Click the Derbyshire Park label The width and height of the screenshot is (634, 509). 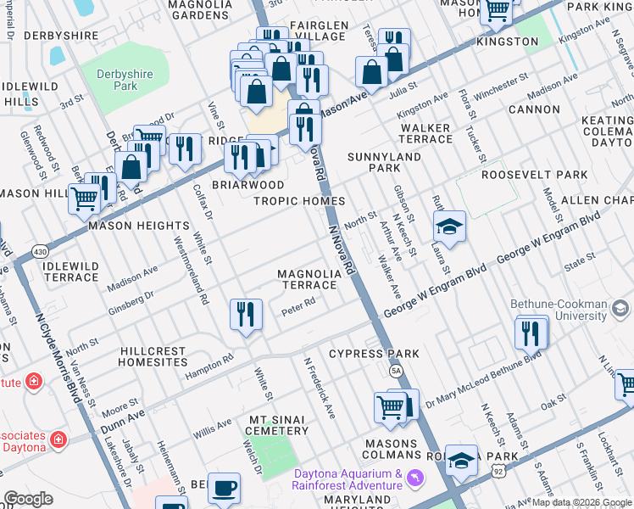(x=124, y=80)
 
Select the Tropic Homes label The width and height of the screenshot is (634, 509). (x=299, y=201)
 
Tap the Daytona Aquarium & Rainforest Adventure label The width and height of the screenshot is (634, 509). (x=348, y=479)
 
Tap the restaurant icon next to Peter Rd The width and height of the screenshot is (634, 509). (x=246, y=315)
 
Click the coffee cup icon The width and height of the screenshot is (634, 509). (x=224, y=489)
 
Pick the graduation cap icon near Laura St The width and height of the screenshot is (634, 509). (x=449, y=227)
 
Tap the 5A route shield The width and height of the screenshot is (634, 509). (x=395, y=371)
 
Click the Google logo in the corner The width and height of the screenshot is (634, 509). (x=28, y=499)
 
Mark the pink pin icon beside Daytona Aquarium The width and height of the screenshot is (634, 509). (x=414, y=479)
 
